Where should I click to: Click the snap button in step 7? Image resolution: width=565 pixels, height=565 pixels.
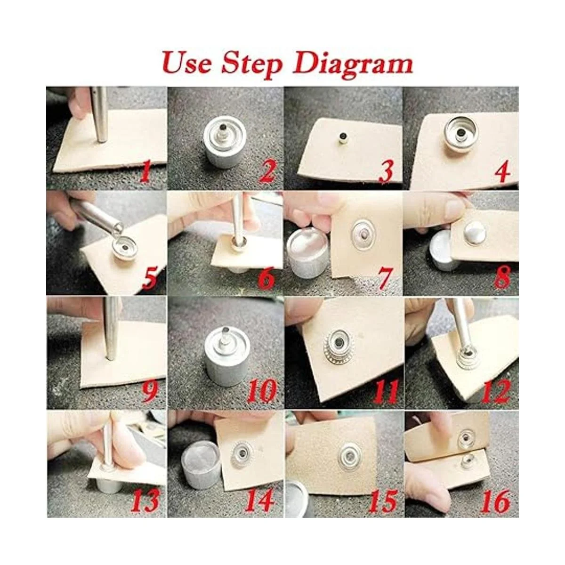(363, 235)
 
